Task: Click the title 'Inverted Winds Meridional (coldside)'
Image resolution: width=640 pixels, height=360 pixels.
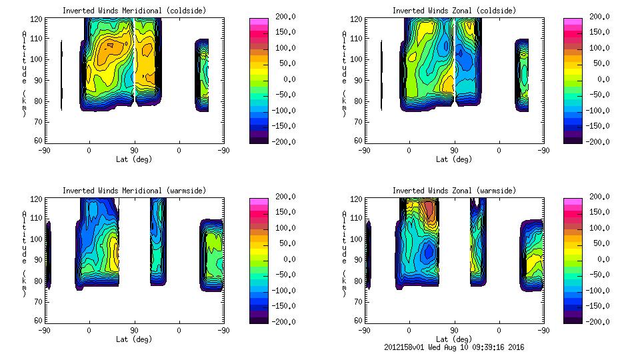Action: (134, 11)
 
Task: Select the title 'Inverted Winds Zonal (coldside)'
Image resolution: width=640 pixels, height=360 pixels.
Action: (454, 11)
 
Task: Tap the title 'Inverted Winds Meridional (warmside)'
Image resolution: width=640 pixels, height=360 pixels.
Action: (134, 191)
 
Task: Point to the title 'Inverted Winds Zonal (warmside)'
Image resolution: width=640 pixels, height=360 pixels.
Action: (454, 191)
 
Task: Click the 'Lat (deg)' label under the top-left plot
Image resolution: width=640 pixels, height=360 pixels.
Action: (135, 159)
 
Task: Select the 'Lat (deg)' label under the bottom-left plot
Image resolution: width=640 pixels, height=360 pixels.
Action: (135, 339)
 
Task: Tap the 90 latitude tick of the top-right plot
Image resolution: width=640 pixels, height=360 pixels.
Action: (454, 151)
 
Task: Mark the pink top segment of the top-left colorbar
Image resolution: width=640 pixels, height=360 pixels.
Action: (259, 23)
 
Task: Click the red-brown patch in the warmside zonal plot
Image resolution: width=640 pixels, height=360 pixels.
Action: (429, 212)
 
